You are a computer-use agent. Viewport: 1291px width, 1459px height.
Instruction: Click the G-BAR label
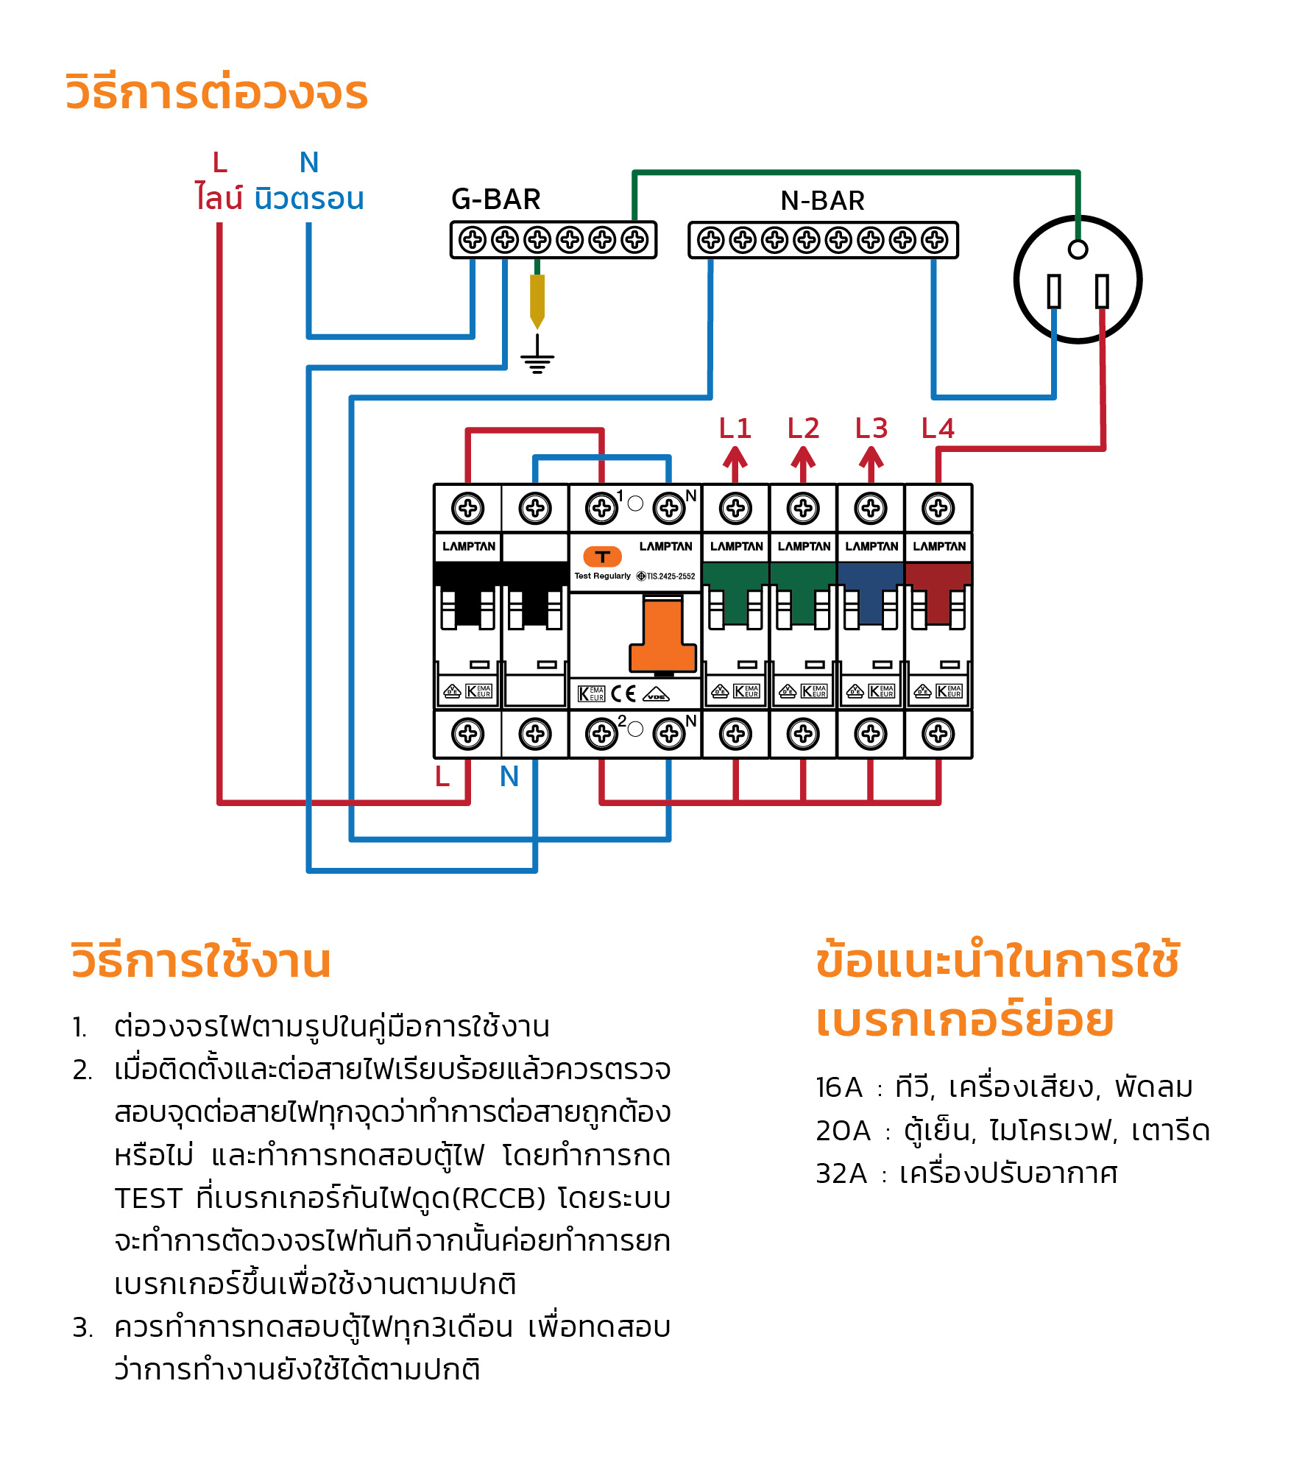click(x=495, y=199)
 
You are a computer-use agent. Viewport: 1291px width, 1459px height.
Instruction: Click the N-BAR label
click(x=822, y=200)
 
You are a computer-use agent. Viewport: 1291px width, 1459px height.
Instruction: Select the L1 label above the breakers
click(x=735, y=428)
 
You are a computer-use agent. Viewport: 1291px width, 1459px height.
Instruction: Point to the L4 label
click(x=938, y=428)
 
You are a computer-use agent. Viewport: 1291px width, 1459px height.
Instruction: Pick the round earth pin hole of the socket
click(x=1078, y=250)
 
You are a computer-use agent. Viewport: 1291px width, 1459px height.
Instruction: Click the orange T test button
click(x=602, y=557)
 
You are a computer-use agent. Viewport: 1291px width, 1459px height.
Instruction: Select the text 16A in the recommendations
click(x=838, y=1087)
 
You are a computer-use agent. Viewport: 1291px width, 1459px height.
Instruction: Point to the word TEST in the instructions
click(x=148, y=1198)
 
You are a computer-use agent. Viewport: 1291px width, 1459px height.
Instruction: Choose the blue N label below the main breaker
click(x=509, y=777)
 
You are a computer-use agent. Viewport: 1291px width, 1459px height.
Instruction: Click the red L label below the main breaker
click(x=442, y=777)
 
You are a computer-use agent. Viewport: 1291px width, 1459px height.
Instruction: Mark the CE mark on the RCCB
click(x=623, y=693)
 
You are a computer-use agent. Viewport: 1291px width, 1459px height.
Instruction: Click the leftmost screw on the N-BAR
click(x=710, y=240)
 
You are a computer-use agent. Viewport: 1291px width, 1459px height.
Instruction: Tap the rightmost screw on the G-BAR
click(x=634, y=240)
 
